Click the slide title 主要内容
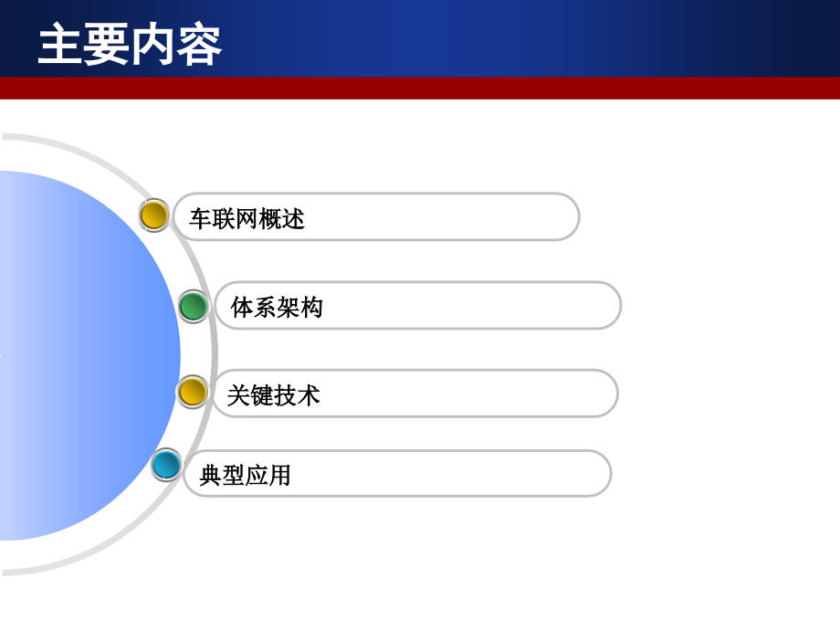click(x=130, y=46)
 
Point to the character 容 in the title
click(x=199, y=46)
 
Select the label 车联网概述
click(x=247, y=219)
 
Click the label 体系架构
click(x=277, y=308)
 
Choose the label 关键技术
click(x=273, y=395)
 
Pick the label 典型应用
click(x=245, y=476)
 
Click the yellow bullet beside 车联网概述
click(x=154, y=215)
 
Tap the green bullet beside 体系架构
click(x=193, y=306)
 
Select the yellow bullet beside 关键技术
click(x=192, y=393)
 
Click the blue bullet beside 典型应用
click(x=166, y=465)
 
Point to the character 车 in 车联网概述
click(x=201, y=219)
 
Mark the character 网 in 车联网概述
click(x=247, y=219)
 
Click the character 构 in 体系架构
click(x=311, y=308)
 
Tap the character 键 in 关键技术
click(x=262, y=395)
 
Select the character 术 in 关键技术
click(x=309, y=395)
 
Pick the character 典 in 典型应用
click(x=211, y=476)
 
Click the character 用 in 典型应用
click(x=279, y=476)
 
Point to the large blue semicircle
click(x=82, y=356)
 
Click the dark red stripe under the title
click(x=420, y=88)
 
